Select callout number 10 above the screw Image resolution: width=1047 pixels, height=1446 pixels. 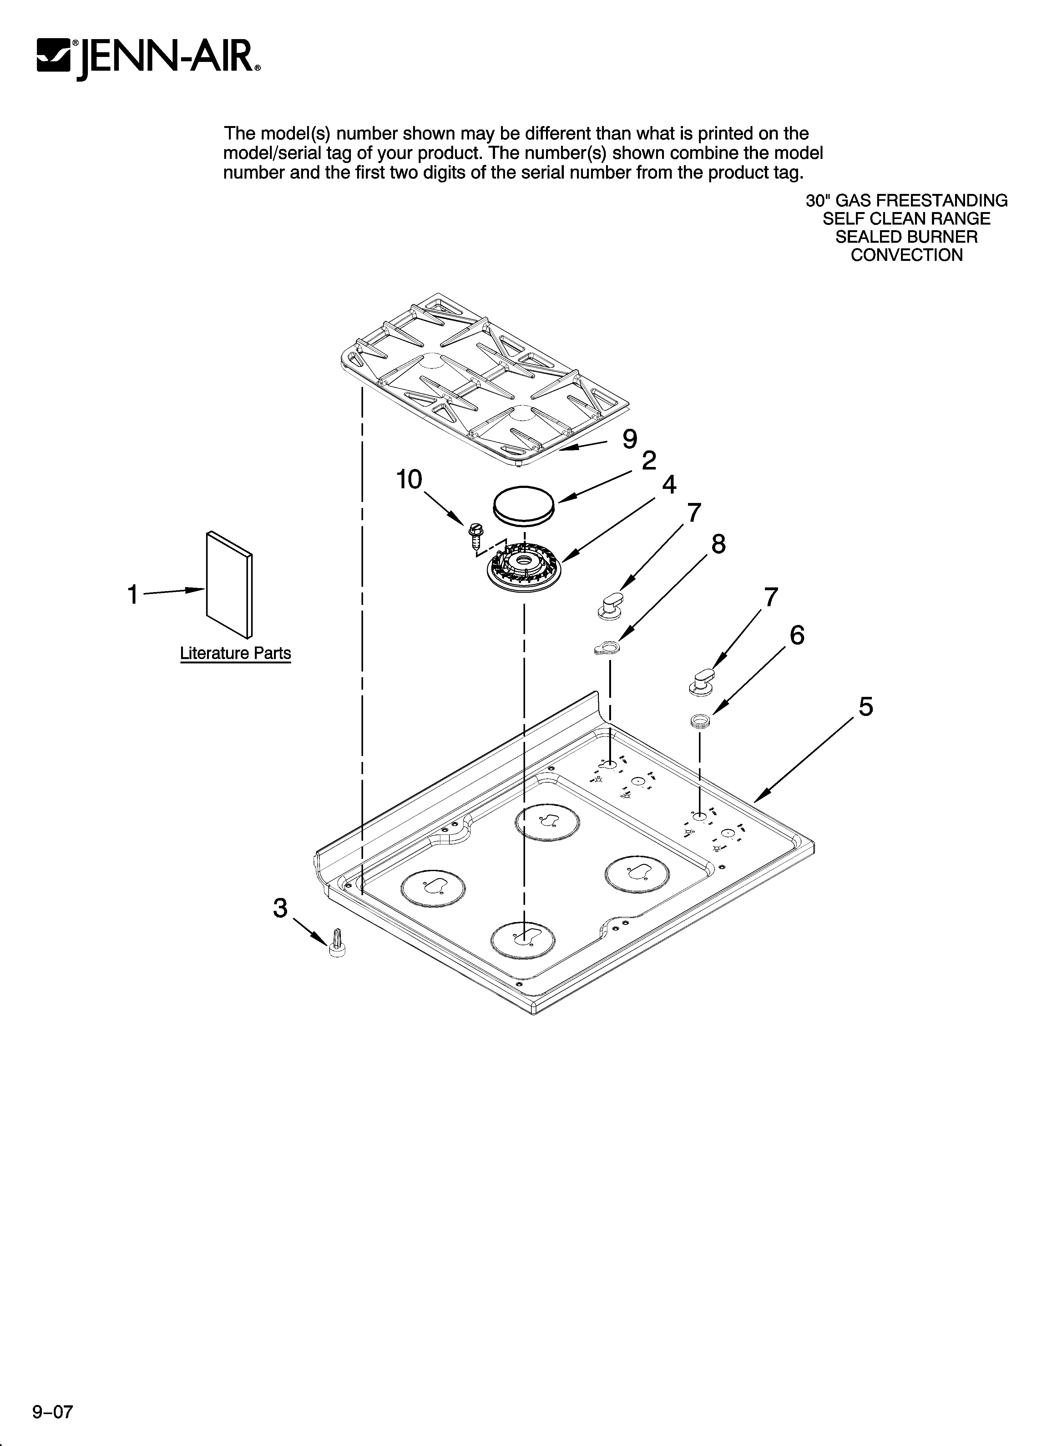pos(409,479)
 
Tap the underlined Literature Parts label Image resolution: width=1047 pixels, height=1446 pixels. pos(235,653)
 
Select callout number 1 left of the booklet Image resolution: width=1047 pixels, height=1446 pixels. pos(132,595)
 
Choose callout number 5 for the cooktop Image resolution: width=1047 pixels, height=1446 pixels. pos(865,707)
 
